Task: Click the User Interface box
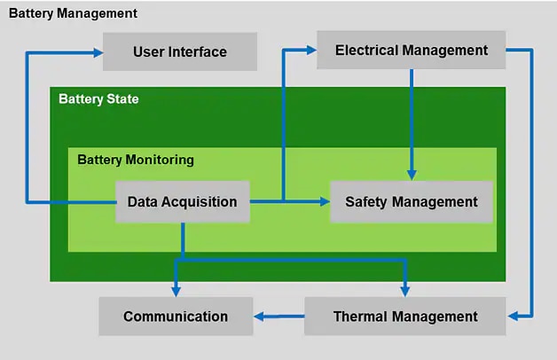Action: point(180,51)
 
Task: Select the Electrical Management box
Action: point(412,51)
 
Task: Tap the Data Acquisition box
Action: point(182,201)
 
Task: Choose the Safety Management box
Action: point(411,201)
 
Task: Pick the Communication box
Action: point(176,316)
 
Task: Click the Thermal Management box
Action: point(405,316)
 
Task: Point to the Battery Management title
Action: point(73,13)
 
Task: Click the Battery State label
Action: point(98,98)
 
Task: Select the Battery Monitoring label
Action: point(135,160)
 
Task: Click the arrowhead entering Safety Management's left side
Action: point(325,201)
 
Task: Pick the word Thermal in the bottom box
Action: point(363,316)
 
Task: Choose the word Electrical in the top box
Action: point(366,51)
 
